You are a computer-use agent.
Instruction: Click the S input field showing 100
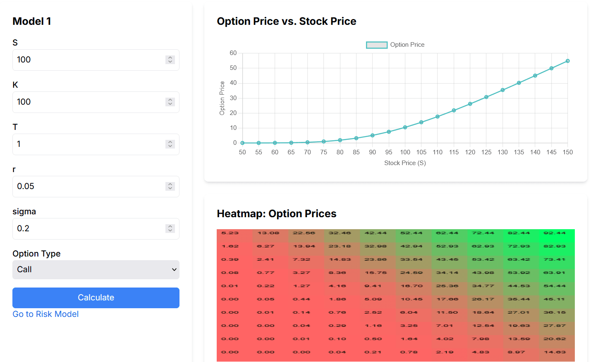point(89,60)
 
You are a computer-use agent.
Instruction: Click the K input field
point(89,102)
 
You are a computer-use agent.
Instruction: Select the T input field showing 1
point(89,144)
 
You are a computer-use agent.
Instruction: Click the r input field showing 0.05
point(89,187)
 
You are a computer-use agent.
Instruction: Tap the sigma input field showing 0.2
point(89,229)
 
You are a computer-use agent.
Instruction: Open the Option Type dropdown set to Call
point(96,270)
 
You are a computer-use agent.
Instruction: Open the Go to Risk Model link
point(45,314)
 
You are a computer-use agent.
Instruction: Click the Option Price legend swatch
point(377,45)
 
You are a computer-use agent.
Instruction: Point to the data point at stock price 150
point(567,61)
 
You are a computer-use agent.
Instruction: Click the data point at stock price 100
point(405,127)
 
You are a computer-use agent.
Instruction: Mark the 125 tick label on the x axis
point(486,152)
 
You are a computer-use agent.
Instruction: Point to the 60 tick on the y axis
point(233,53)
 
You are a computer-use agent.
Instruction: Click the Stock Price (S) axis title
point(405,163)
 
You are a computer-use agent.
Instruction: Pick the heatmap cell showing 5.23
point(230,233)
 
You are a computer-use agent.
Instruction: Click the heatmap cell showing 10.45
point(411,300)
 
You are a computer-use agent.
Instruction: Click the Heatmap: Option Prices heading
point(277,213)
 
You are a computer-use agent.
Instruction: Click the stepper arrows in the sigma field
point(170,229)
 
